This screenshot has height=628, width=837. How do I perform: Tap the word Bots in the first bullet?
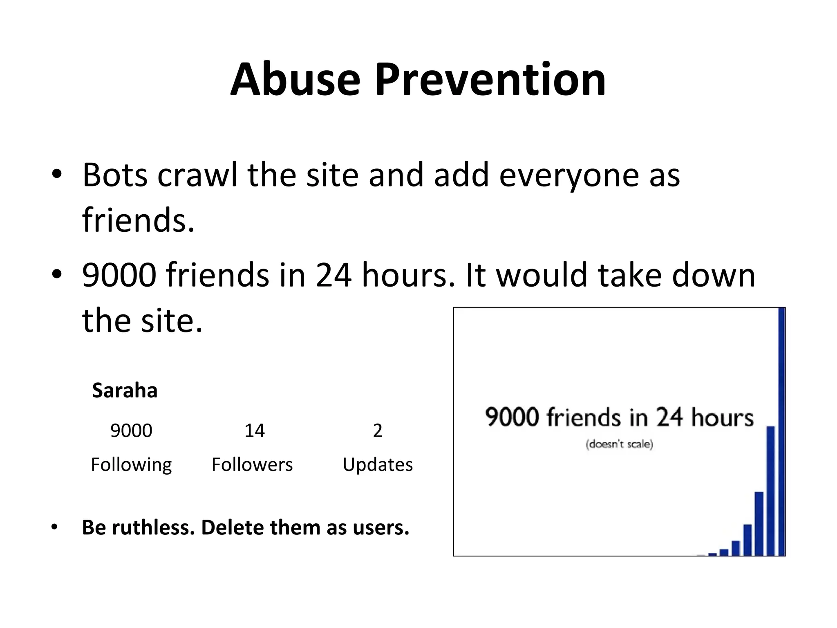click(x=115, y=175)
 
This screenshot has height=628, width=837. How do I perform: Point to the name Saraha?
click(x=125, y=390)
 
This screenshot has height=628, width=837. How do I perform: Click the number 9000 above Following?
click(x=131, y=431)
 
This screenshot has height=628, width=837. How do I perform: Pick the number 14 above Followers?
click(x=254, y=431)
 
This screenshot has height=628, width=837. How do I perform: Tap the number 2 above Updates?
click(x=378, y=431)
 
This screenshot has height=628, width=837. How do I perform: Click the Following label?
click(x=131, y=465)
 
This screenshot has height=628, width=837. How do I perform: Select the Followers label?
click(x=252, y=465)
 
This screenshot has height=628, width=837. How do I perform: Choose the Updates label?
click(x=378, y=465)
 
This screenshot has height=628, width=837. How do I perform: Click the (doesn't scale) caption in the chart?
click(x=619, y=444)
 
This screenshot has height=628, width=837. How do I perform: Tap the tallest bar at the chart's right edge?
click(x=781, y=432)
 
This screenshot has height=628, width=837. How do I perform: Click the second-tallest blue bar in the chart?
click(x=771, y=491)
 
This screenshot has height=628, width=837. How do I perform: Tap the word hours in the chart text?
click(x=723, y=417)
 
